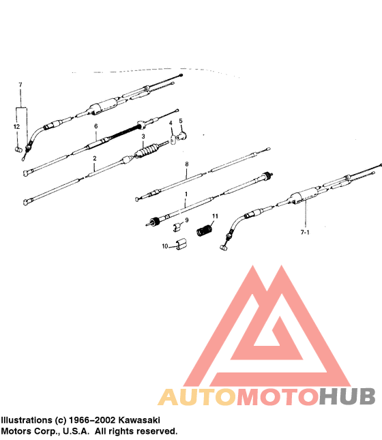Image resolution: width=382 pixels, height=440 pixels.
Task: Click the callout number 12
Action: (16, 127)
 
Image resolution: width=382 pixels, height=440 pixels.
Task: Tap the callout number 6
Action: (96, 126)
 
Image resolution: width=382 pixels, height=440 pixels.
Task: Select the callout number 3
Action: (143, 136)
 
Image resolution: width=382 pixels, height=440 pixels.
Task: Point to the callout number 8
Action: (187, 164)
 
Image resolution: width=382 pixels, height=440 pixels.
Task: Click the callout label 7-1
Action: (305, 233)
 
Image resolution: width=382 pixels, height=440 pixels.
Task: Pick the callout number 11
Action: (215, 216)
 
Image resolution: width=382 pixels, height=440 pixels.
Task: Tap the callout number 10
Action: (165, 246)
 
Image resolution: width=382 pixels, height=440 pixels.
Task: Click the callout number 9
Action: (187, 220)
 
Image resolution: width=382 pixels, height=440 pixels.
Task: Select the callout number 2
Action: (95, 158)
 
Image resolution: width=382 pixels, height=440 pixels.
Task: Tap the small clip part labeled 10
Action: (181, 244)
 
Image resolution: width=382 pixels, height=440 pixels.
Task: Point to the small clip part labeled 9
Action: (177, 226)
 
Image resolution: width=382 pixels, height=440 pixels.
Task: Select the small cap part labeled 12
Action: (18, 149)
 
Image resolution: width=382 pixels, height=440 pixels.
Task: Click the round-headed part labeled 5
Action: (183, 136)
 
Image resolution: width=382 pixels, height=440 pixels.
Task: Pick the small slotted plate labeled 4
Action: (173, 139)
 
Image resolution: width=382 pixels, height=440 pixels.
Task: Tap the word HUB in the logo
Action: (347, 396)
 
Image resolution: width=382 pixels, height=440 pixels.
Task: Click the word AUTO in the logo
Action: (196, 397)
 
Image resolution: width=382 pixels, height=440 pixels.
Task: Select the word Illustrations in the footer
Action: (27, 420)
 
